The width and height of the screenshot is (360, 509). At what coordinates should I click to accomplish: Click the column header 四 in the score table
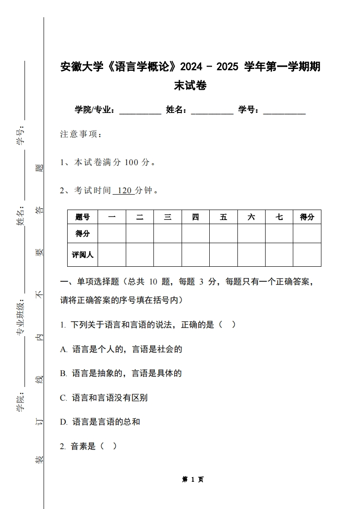(195, 217)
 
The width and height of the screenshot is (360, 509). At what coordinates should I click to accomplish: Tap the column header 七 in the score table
(279, 217)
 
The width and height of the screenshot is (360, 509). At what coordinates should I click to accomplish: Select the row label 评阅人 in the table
(83, 254)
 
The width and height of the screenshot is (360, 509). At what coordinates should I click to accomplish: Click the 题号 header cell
(83, 217)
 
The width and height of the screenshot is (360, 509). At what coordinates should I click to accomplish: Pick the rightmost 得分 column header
(307, 217)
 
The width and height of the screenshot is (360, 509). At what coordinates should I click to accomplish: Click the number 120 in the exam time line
(124, 191)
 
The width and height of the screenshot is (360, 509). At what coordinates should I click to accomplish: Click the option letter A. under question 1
(64, 349)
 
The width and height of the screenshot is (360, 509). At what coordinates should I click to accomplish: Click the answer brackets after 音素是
(108, 446)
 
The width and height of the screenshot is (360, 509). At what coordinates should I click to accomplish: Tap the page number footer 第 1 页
(193, 480)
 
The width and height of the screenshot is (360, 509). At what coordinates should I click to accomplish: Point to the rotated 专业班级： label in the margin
(20, 318)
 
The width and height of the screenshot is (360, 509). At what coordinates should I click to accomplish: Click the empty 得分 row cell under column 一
(112, 234)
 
